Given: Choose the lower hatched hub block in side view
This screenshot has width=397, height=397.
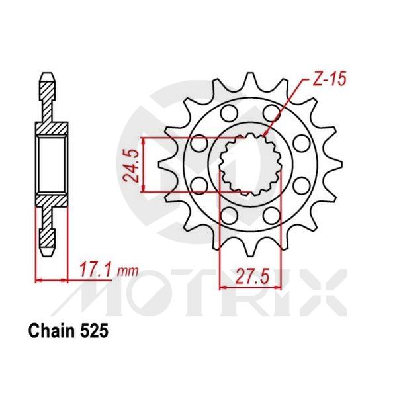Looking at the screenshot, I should (52, 201).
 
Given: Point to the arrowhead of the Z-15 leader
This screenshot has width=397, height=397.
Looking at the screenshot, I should (265, 135).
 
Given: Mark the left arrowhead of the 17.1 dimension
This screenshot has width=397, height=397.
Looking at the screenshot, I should (38, 281).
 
